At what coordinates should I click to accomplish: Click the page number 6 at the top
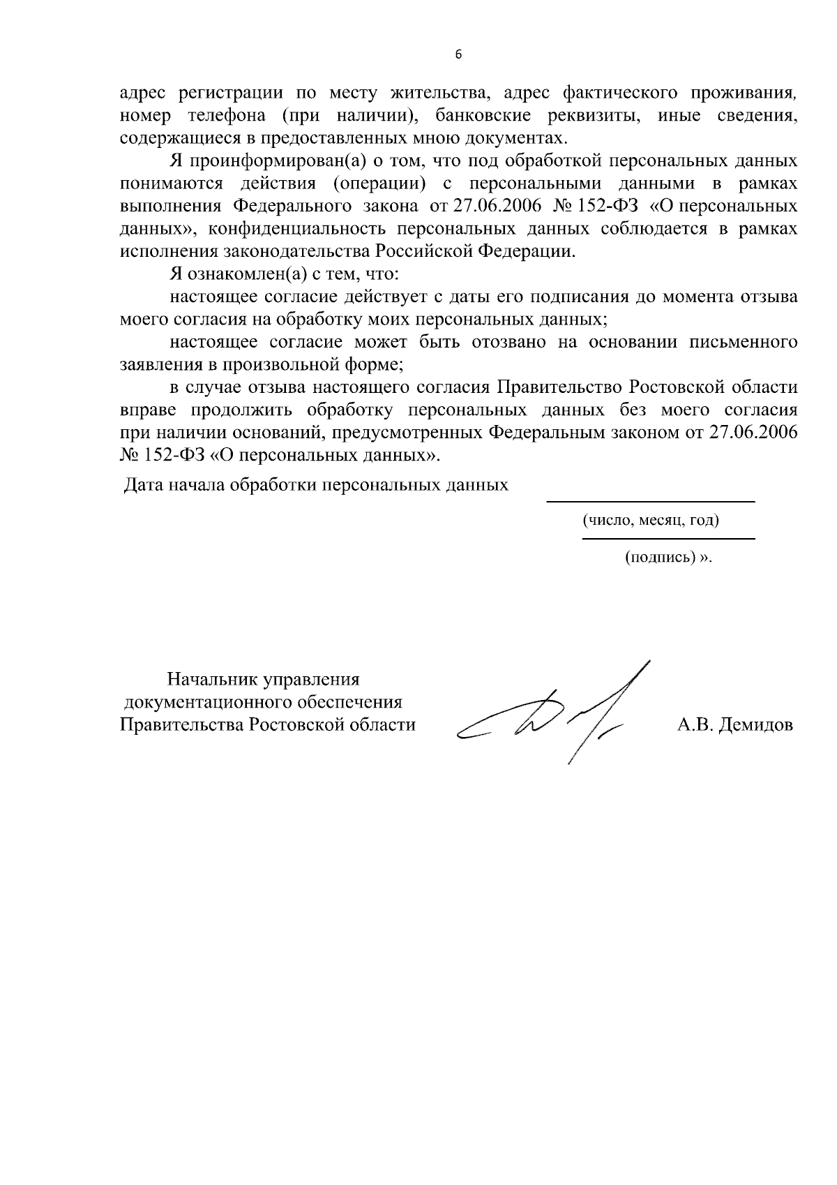click(x=458, y=55)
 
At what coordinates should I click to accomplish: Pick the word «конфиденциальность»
click(x=296, y=229)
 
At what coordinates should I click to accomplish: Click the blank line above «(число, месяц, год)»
click(x=650, y=501)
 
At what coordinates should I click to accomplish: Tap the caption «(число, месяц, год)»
click(x=651, y=521)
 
